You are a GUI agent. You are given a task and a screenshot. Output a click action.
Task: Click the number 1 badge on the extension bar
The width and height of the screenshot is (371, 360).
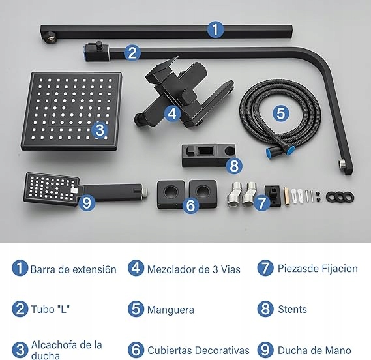[x=215, y=29]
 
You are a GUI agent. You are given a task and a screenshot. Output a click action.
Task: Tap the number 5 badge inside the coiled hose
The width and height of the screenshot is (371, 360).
[x=281, y=113]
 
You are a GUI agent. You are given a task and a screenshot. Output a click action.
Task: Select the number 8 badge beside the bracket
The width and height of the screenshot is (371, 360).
[x=234, y=166]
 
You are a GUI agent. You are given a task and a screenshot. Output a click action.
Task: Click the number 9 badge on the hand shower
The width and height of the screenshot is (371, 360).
[x=87, y=203]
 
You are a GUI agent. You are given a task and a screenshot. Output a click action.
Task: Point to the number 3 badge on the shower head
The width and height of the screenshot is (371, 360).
[x=100, y=130]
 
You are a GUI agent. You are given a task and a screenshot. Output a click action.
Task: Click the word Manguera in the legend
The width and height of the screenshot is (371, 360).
[x=171, y=310]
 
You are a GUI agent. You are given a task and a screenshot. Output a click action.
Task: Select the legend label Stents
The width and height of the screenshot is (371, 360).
[x=293, y=309]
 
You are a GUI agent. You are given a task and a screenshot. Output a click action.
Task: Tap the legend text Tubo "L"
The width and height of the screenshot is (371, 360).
[x=50, y=309]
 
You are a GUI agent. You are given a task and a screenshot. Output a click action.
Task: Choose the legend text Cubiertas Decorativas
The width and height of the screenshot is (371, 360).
[x=198, y=350]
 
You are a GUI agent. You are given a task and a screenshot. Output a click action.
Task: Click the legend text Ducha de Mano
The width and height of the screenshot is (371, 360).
[x=314, y=350]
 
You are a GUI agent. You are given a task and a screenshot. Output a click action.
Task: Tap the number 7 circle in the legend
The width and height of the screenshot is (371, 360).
[x=265, y=268]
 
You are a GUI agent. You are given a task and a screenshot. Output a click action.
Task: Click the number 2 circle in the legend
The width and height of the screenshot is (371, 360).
[x=20, y=309]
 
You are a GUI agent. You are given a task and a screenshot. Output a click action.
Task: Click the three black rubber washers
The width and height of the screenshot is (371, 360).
[x=340, y=197]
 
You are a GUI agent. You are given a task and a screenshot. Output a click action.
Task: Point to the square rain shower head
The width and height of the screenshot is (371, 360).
[x=71, y=112]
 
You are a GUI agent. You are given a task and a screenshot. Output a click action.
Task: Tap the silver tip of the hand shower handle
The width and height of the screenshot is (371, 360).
[x=145, y=192]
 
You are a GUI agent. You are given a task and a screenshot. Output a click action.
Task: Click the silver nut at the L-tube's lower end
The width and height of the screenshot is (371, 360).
[x=342, y=164]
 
